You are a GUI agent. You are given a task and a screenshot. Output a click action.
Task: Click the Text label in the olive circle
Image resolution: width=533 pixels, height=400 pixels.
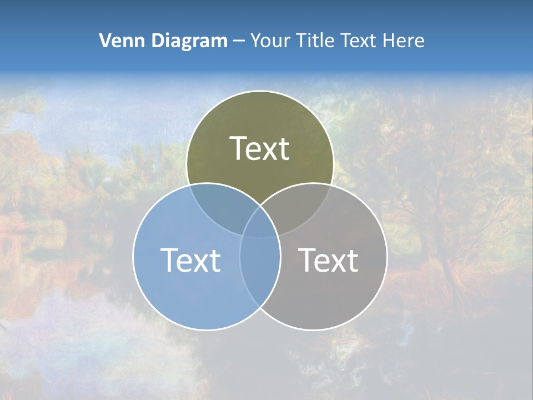(x=260, y=149)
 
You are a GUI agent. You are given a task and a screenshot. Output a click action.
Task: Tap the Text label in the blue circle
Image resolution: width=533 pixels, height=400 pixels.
(x=190, y=260)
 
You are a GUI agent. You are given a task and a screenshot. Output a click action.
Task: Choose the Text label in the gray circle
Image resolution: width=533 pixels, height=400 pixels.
(x=329, y=260)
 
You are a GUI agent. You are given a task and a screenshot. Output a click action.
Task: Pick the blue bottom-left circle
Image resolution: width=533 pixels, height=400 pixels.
(x=178, y=294)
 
